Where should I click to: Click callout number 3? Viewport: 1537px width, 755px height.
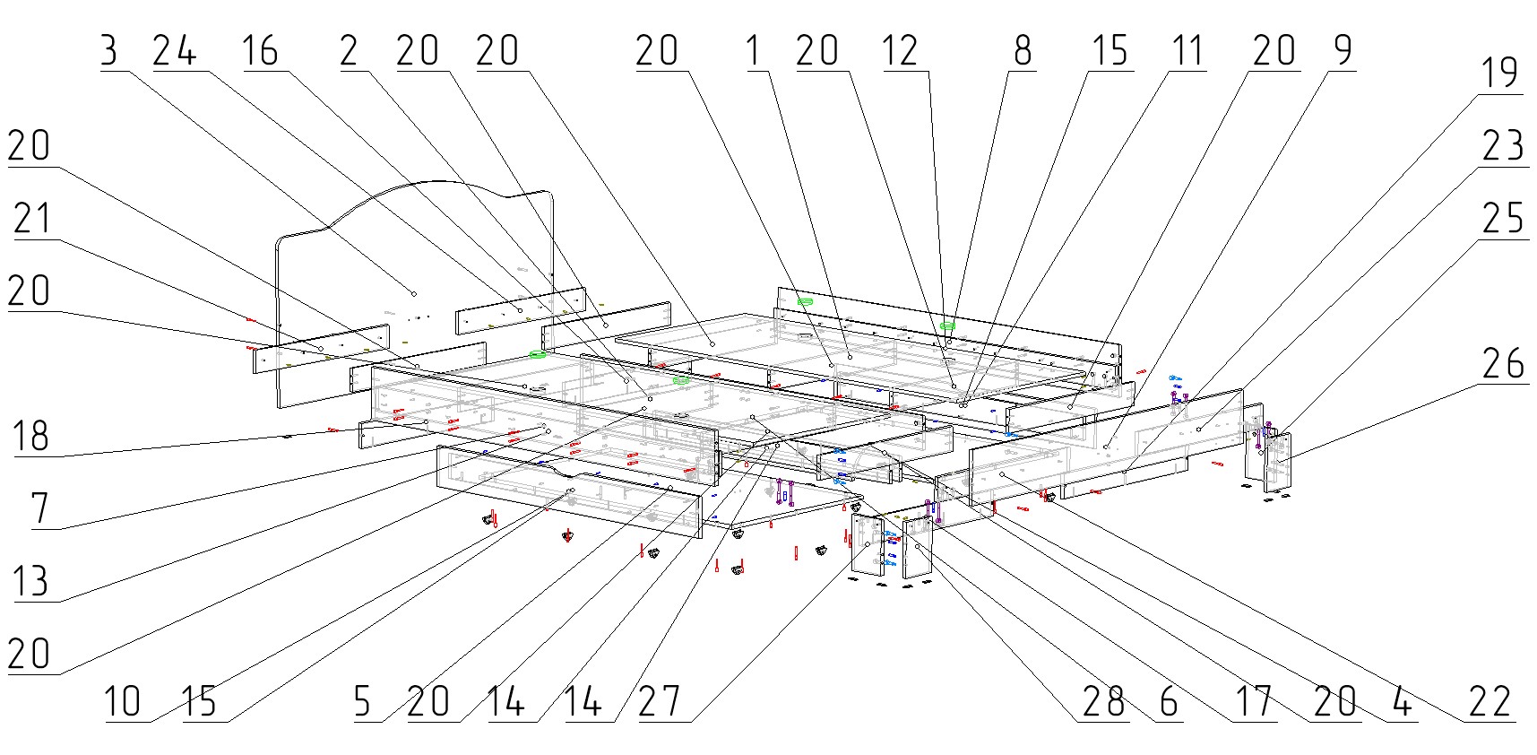coord(108,51)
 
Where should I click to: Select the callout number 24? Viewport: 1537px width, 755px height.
coord(174,51)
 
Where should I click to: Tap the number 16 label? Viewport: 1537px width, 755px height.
coord(260,51)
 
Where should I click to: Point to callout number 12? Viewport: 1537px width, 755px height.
coord(900,51)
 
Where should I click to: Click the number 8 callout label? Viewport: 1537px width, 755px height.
coord(1023,51)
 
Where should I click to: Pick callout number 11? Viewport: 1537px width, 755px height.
coord(1187,51)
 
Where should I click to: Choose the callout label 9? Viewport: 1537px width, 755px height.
coord(1343,51)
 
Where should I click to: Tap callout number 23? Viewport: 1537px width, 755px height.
coord(1503,145)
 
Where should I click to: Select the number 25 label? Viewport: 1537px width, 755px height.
coord(1503,218)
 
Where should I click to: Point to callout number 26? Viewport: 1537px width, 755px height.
coord(1503,363)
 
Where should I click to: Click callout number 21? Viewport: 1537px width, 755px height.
coord(32,219)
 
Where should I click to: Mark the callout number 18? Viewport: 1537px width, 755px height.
coord(30,437)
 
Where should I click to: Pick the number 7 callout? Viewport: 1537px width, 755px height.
coord(39,509)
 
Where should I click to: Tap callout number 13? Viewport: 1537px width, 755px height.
coord(30,581)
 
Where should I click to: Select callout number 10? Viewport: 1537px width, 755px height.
coord(123,701)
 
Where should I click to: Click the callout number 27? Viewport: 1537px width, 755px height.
coord(660,701)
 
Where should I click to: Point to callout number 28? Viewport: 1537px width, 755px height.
coord(1103,701)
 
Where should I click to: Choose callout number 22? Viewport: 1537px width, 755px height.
coord(1490,701)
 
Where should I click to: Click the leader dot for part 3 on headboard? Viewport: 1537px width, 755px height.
coord(414,293)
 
